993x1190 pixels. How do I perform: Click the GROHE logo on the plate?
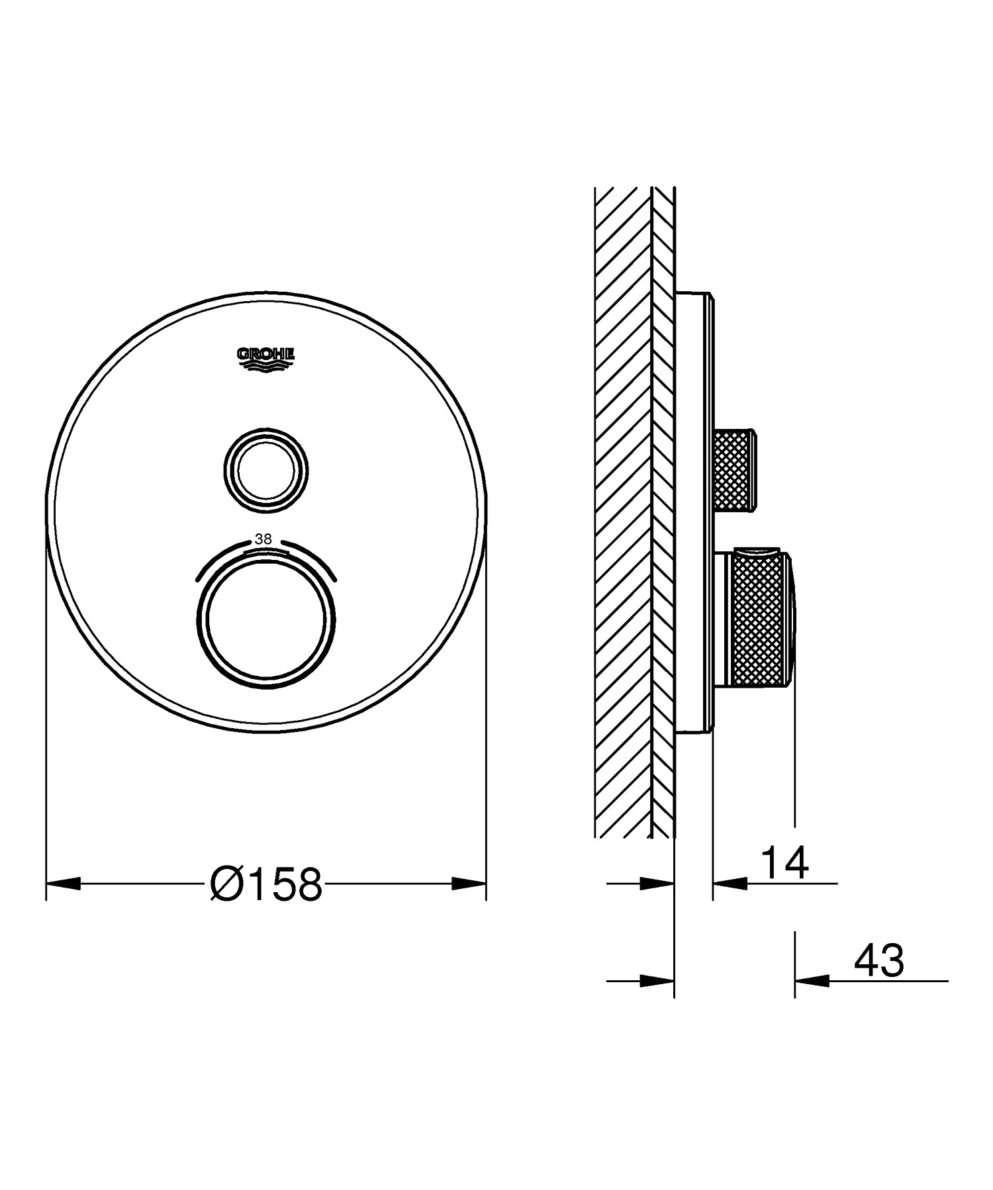[266, 358]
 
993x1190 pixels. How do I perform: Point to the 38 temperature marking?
[263, 539]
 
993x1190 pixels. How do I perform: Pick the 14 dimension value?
[784, 862]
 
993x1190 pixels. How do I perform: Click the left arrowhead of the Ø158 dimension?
[63, 883]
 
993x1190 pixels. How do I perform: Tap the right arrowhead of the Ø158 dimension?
[469, 883]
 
